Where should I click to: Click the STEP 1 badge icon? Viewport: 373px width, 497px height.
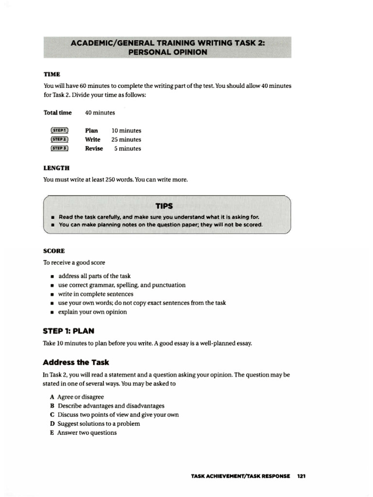pos(59,131)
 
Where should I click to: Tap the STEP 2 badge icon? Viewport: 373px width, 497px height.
pos(59,140)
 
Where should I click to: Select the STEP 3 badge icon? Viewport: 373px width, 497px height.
pos(59,149)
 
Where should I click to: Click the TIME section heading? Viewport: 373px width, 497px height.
pos(52,74)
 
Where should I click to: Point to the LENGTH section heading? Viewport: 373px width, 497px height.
pos(56,168)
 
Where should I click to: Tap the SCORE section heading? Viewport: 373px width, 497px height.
pos(54,251)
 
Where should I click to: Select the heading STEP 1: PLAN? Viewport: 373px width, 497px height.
pos(68,331)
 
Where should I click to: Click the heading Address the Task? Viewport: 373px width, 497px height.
pos(76,362)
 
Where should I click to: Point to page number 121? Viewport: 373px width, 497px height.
pos(301,476)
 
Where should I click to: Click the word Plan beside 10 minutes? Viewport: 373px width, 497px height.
pos(91,131)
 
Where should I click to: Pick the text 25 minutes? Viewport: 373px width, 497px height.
pos(126,140)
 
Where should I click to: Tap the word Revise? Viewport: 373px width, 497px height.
pos(94,149)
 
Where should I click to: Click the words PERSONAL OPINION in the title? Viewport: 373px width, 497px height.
pos(168,52)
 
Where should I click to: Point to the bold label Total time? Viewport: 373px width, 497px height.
pos(58,113)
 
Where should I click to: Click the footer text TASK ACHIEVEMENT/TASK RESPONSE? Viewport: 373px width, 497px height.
pos(240,476)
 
